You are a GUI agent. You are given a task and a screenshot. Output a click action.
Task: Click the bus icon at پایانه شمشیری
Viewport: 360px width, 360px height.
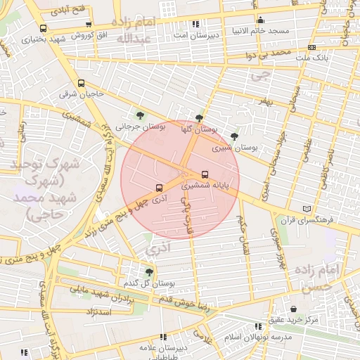205,174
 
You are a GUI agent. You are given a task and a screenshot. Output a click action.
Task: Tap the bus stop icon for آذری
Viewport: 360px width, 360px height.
159,188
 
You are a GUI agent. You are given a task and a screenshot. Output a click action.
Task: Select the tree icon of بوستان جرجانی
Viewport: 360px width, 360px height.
141,115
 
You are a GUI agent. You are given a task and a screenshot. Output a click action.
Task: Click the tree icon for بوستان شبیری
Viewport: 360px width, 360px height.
234,136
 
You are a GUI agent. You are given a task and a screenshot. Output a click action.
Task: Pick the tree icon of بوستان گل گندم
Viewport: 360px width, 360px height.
149,272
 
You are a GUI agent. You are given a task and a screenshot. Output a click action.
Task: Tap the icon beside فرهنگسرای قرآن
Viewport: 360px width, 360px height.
306,209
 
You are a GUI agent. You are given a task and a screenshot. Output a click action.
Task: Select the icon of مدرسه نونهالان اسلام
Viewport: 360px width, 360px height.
259,326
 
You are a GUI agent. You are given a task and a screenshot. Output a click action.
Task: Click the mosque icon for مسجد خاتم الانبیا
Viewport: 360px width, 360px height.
261,20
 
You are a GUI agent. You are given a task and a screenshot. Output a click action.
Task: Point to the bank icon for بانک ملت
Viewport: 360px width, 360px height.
312,47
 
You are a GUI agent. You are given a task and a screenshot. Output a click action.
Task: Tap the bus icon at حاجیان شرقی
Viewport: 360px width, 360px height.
81,82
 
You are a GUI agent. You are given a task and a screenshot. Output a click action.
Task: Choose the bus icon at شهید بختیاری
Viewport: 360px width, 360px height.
44,29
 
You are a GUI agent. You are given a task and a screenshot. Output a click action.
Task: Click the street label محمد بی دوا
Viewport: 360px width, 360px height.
274,52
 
